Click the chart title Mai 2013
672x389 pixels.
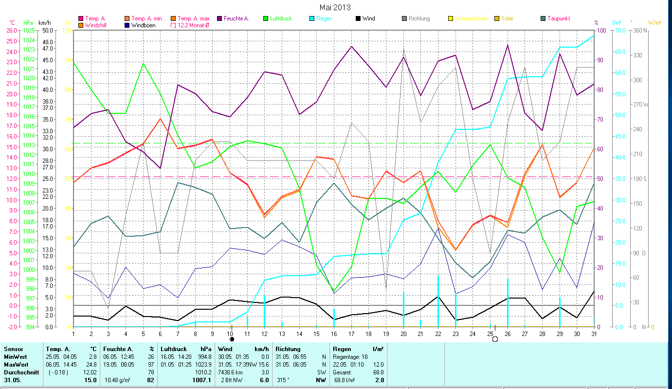pyautogui.click(x=335, y=7)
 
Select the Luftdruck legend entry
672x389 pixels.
pyautogui.click(x=281, y=18)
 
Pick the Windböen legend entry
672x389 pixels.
pyautogui.click(x=143, y=25)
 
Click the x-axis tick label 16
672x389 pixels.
pyautogui.click(x=334, y=333)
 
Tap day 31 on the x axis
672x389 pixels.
pyautogui.click(x=594, y=333)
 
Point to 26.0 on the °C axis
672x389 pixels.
pyautogui.click(x=11, y=30)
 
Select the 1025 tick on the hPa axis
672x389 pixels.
pyautogui.click(x=29, y=30)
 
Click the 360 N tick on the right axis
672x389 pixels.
pyautogui.click(x=641, y=30)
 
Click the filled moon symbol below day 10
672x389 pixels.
pyautogui.click(x=232, y=339)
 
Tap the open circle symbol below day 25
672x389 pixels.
pyautogui.click(x=495, y=339)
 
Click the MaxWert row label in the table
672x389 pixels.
pyautogui.click(x=16, y=364)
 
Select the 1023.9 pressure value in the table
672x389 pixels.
pyautogui.click(x=202, y=364)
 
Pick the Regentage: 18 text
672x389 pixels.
pyautogui.click(x=350, y=356)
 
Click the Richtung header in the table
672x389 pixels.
pyautogui.click(x=289, y=349)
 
